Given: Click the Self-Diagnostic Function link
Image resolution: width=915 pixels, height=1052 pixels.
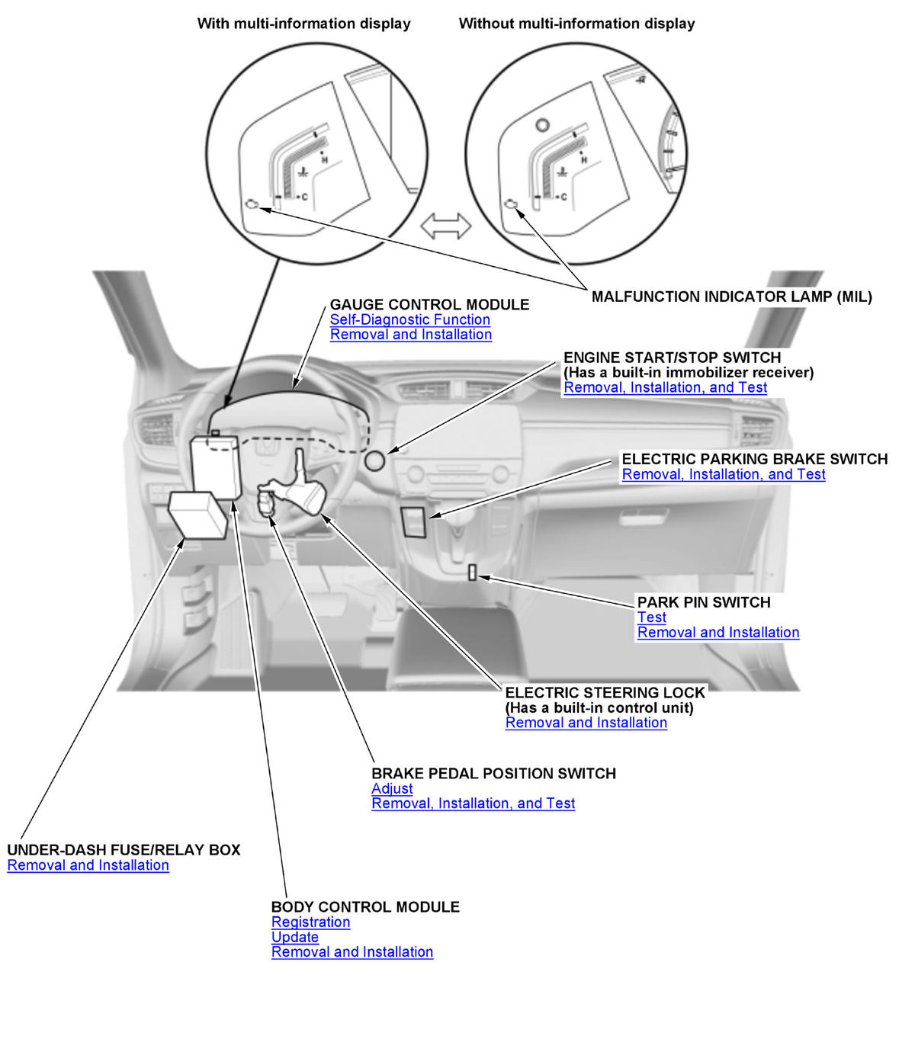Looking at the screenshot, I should point(409,320).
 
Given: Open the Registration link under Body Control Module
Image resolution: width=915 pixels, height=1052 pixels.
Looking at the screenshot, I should point(310,922).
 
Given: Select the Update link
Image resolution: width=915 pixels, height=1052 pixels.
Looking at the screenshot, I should point(294,937).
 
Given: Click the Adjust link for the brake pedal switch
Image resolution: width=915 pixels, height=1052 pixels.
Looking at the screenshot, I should point(392,789).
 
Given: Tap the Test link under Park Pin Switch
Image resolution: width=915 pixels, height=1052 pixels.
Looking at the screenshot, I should point(651,617).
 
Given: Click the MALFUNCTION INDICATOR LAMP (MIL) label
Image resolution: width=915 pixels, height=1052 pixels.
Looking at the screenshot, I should point(731,297).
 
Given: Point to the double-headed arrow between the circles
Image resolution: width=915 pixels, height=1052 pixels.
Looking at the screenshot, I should point(446,226).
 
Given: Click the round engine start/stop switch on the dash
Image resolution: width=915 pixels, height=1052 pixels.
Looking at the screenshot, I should point(374,461).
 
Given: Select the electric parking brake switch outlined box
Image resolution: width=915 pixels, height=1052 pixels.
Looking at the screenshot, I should point(414,521).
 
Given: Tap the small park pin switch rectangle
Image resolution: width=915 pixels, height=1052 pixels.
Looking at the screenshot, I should point(472,573).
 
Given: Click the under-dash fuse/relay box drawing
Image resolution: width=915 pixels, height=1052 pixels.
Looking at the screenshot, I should point(198,515).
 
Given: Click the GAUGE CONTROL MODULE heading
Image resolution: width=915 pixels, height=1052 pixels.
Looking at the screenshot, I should point(429,305).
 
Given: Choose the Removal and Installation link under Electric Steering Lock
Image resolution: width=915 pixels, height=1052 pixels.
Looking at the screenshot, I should point(586,723).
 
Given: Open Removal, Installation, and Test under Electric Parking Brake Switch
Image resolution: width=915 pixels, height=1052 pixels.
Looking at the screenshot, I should point(723,474).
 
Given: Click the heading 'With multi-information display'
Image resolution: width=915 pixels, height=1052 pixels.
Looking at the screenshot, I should point(303,24).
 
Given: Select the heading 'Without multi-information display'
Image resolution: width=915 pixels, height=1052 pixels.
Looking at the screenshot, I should point(576,24).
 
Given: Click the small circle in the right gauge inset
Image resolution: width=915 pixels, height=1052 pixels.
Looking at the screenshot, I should point(542,125).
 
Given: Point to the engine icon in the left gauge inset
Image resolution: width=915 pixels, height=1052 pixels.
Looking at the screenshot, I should point(252,204).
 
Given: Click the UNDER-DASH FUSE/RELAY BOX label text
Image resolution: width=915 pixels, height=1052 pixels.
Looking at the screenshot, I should point(124,850).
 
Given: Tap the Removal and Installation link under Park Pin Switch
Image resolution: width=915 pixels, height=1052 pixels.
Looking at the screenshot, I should point(718,633).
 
